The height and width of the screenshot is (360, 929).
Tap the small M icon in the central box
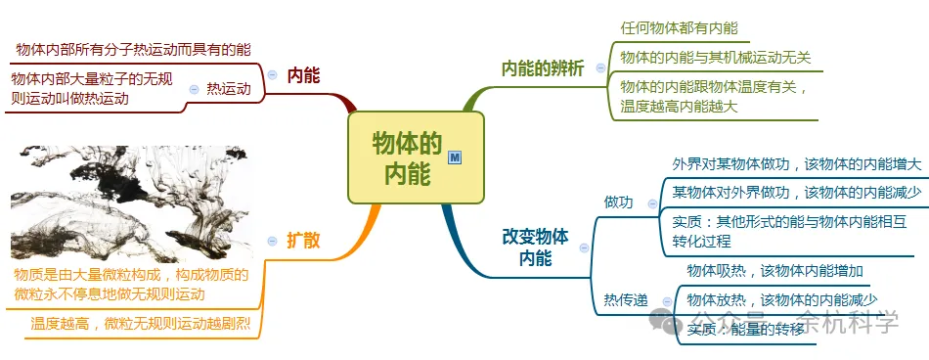pos(454,157)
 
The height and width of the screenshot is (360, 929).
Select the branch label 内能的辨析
pos(543,68)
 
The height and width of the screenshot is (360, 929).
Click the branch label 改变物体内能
pos(534,247)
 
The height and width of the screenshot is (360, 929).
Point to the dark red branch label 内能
pos(304,75)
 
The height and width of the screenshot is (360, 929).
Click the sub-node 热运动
pos(229,89)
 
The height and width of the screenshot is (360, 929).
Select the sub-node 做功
pos(618,202)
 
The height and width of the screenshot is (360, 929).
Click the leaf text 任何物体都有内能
pos(680,28)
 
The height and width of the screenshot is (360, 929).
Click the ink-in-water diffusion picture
pos(130,202)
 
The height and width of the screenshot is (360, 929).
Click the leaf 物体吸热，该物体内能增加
pos(774,271)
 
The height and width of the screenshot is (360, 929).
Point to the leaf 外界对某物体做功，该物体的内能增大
pos(796,164)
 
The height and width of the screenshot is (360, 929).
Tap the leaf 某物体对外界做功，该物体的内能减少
pos(796,193)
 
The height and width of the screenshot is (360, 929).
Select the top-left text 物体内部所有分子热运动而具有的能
pos(133,48)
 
